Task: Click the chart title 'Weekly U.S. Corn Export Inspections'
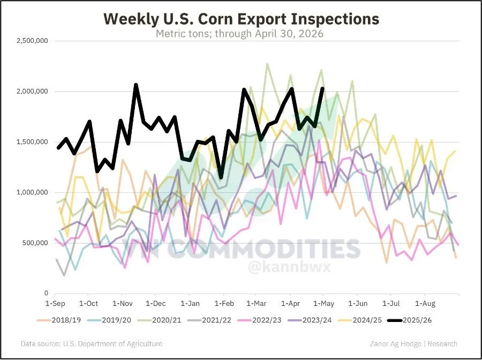coord(242,19)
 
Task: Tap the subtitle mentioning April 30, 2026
coord(240,33)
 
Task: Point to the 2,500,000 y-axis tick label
coord(32,41)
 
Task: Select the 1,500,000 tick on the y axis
coord(32,142)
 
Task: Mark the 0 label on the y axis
coord(46,293)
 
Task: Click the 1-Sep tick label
coord(55,304)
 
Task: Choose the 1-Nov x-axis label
coord(122,304)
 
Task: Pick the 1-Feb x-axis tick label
coord(224,304)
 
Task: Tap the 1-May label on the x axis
coord(323,304)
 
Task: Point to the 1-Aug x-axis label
coord(425,304)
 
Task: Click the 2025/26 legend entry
coord(410,320)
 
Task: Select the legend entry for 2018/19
coord(59,320)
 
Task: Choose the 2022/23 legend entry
coord(260,320)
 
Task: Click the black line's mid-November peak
coord(136,85)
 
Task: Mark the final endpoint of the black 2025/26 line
coord(322,88)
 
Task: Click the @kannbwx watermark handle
coord(289,267)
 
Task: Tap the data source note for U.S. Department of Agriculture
coord(92,343)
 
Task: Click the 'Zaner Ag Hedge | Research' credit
coord(413,343)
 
